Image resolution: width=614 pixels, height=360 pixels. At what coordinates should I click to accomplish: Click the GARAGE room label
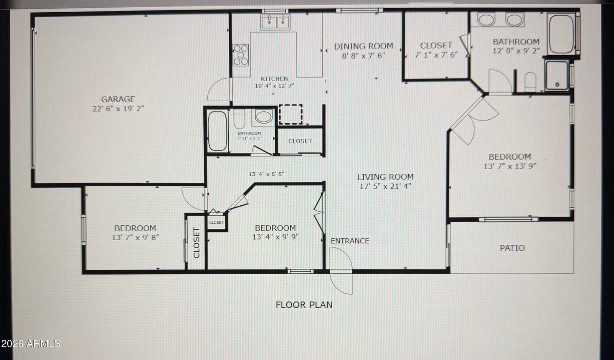[118, 99]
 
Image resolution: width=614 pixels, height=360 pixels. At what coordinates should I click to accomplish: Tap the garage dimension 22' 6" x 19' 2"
[118, 109]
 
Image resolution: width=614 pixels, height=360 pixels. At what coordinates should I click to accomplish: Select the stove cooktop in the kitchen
[241, 55]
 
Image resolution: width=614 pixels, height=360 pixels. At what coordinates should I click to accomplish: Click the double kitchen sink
[275, 22]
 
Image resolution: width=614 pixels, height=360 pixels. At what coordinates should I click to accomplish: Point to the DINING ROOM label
[363, 46]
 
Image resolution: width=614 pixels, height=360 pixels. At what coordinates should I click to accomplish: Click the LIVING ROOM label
[385, 177]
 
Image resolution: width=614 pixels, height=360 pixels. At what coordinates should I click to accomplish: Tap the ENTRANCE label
[350, 241]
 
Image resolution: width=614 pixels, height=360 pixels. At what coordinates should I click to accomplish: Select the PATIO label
[512, 248]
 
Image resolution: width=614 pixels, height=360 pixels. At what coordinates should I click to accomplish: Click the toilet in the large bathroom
[530, 82]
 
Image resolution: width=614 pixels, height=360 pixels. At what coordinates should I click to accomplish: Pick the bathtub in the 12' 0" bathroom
[561, 34]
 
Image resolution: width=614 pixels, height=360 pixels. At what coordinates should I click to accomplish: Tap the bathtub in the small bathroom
[217, 131]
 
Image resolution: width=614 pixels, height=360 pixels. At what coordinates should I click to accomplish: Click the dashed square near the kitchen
[290, 114]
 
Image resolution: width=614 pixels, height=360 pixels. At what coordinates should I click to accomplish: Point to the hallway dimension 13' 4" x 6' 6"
[266, 174]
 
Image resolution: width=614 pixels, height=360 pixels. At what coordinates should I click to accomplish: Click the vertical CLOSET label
[196, 243]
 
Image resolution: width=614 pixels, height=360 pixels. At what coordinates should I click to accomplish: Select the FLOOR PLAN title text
[304, 305]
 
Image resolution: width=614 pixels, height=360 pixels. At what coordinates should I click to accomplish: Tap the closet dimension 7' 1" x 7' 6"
[436, 55]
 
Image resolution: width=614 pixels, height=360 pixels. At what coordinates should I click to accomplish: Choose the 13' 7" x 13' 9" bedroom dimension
[510, 166]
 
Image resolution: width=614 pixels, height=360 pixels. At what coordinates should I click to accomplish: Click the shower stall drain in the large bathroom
[557, 85]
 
